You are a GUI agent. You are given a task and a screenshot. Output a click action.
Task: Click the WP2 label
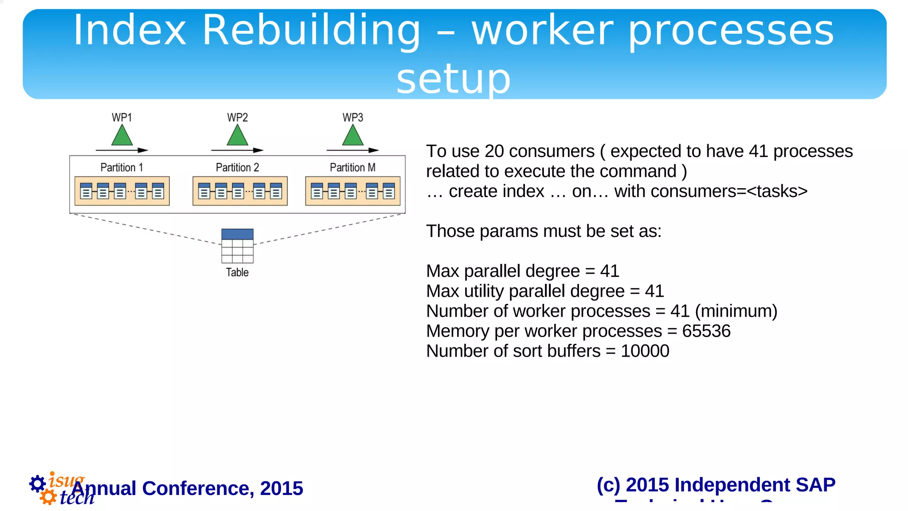tap(237, 118)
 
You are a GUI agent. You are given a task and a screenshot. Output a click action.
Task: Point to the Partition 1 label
tap(121, 168)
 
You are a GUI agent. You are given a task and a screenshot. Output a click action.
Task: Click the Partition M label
tap(352, 168)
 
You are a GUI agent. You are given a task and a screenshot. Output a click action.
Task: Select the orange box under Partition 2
tap(240, 191)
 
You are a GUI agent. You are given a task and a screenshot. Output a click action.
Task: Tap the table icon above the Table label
tap(237, 246)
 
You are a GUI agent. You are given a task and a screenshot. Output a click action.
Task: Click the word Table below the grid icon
tap(237, 272)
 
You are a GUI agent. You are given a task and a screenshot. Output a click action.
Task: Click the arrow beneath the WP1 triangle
tap(122, 150)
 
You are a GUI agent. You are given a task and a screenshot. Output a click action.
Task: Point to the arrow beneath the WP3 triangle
tap(353, 150)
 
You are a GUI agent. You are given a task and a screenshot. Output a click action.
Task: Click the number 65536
tap(706, 331)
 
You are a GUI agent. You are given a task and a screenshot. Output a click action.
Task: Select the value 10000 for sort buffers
tap(645, 351)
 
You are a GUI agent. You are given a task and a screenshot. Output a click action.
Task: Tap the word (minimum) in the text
tap(736, 311)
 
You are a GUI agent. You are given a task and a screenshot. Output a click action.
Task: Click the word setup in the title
tap(453, 79)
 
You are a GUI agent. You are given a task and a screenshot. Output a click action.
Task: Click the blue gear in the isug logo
tap(37, 483)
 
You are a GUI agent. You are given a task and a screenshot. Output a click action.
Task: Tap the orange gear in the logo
tap(48, 497)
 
